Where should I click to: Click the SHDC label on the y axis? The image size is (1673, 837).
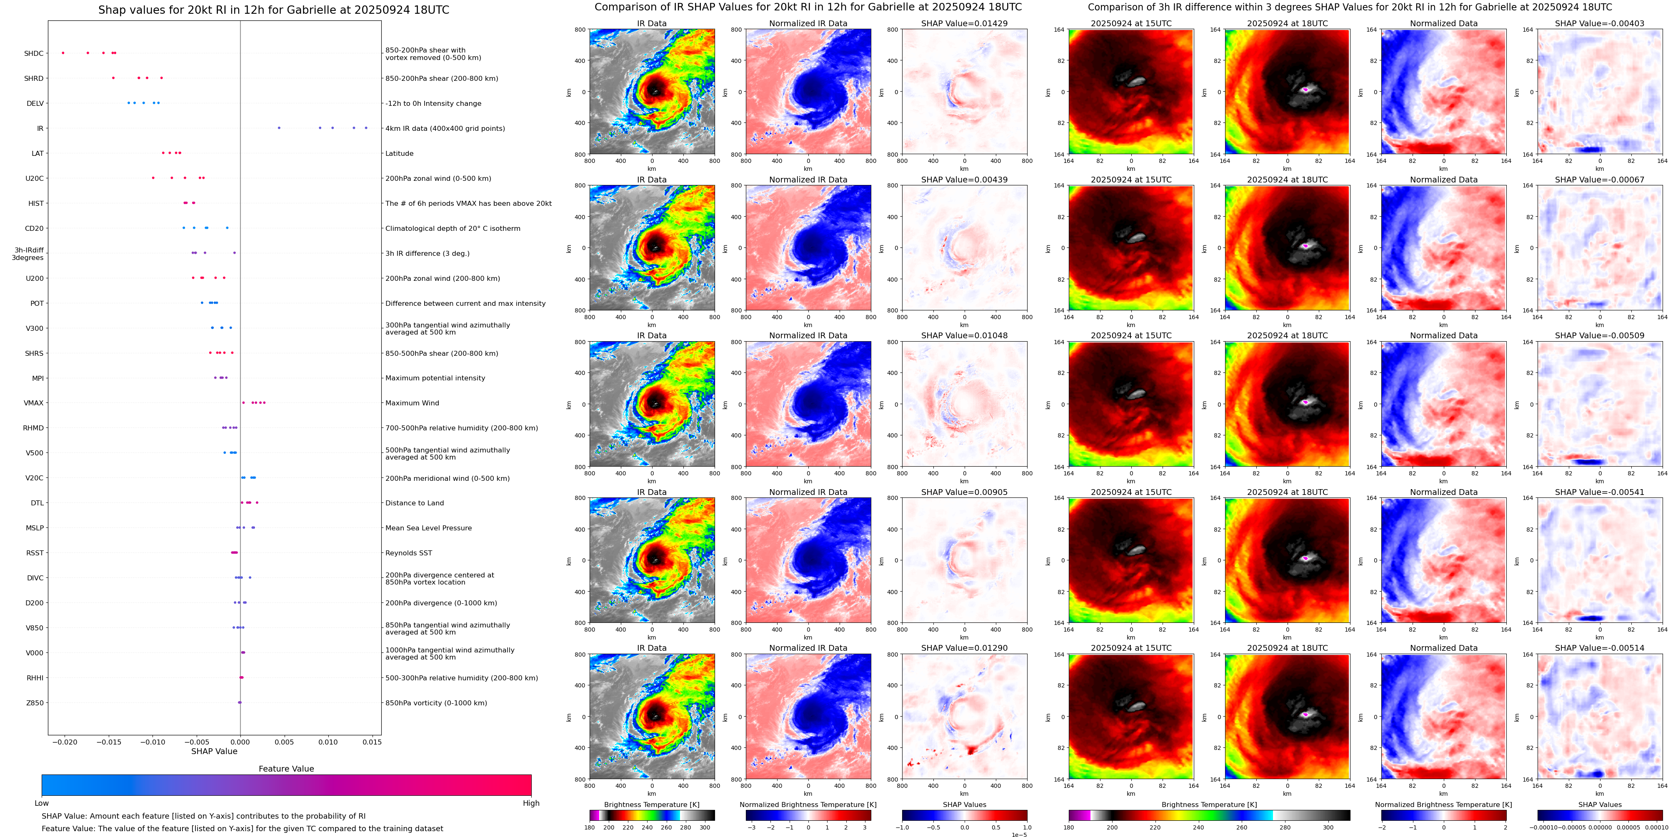coord(34,53)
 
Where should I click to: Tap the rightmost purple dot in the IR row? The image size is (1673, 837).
coord(366,128)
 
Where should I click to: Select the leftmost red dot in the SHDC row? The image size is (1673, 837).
coord(63,52)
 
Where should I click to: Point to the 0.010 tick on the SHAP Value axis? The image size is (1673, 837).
coord(328,742)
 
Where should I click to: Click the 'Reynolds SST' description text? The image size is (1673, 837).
coord(408,553)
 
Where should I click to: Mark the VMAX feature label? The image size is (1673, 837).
coord(34,403)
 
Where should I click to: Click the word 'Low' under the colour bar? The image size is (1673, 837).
coord(42,803)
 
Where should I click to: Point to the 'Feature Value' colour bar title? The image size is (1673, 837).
coord(286,769)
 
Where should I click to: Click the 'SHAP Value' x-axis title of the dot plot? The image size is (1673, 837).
coord(214,751)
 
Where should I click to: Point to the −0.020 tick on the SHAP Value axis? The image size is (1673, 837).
coord(64,742)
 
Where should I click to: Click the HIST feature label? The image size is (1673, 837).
coord(36,203)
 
